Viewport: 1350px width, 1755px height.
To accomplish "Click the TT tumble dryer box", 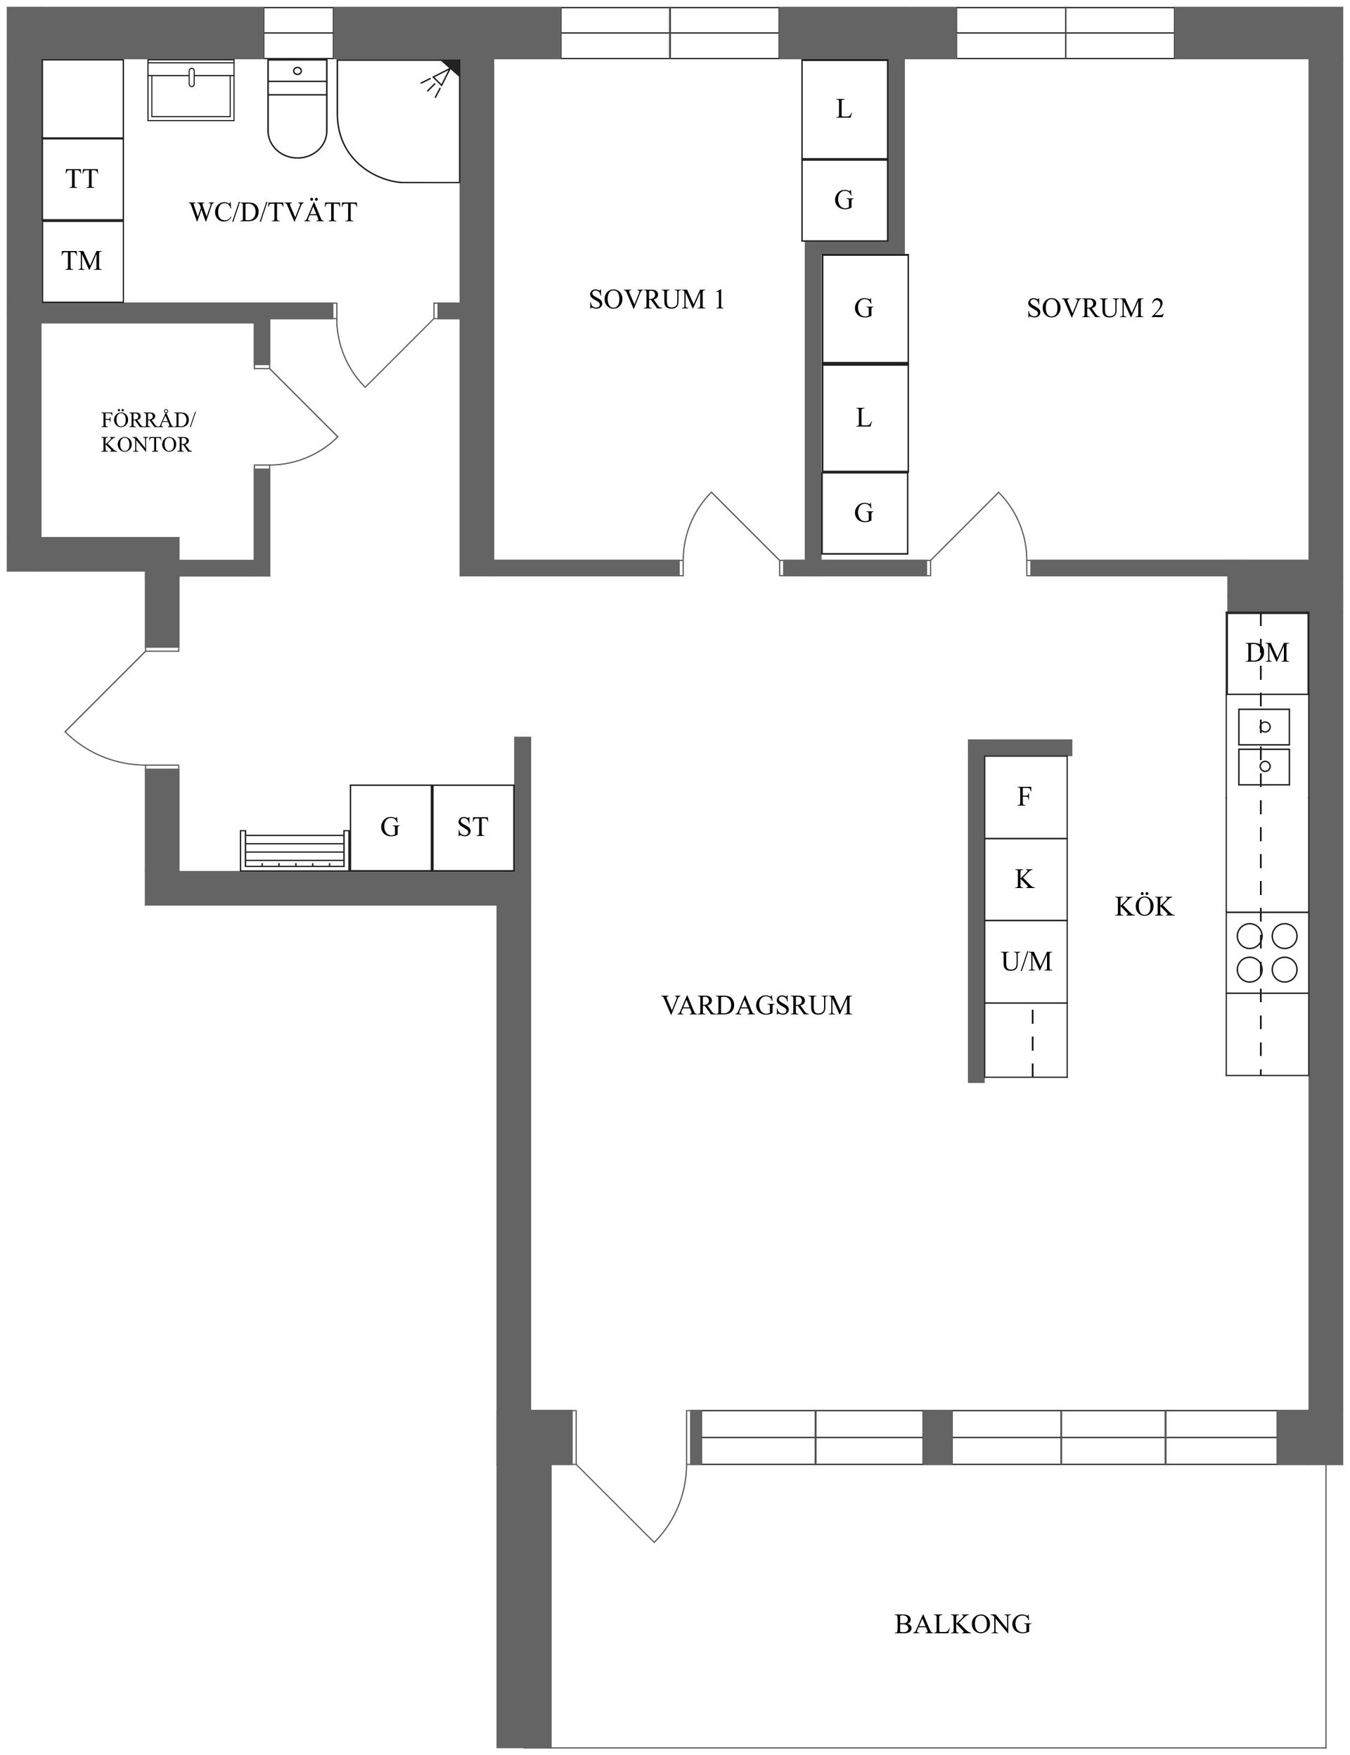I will pos(82,179).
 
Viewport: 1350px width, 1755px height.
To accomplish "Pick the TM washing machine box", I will pos(82,261).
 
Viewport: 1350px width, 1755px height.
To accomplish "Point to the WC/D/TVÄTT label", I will pos(274,213).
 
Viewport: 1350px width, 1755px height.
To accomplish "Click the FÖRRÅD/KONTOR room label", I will pos(147,432).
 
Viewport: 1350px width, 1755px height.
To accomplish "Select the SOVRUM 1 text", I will pos(657,300).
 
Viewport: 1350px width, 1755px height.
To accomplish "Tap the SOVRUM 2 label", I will pos(1095,309).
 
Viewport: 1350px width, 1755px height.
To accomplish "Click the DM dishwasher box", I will pos(1266,653).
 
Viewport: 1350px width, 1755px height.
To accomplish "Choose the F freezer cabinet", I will pos(1024,797).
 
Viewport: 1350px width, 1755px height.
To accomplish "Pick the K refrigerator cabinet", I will pos(1024,880).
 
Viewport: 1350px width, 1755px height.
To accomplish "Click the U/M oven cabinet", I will pos(1026,962).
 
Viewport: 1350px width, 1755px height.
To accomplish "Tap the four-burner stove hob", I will pos(1266,953).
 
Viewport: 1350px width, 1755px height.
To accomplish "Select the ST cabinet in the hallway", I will pos(472,828).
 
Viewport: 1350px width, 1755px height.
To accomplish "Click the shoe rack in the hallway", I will pos(294,851).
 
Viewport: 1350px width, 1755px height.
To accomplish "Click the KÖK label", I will pos(1143,907).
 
